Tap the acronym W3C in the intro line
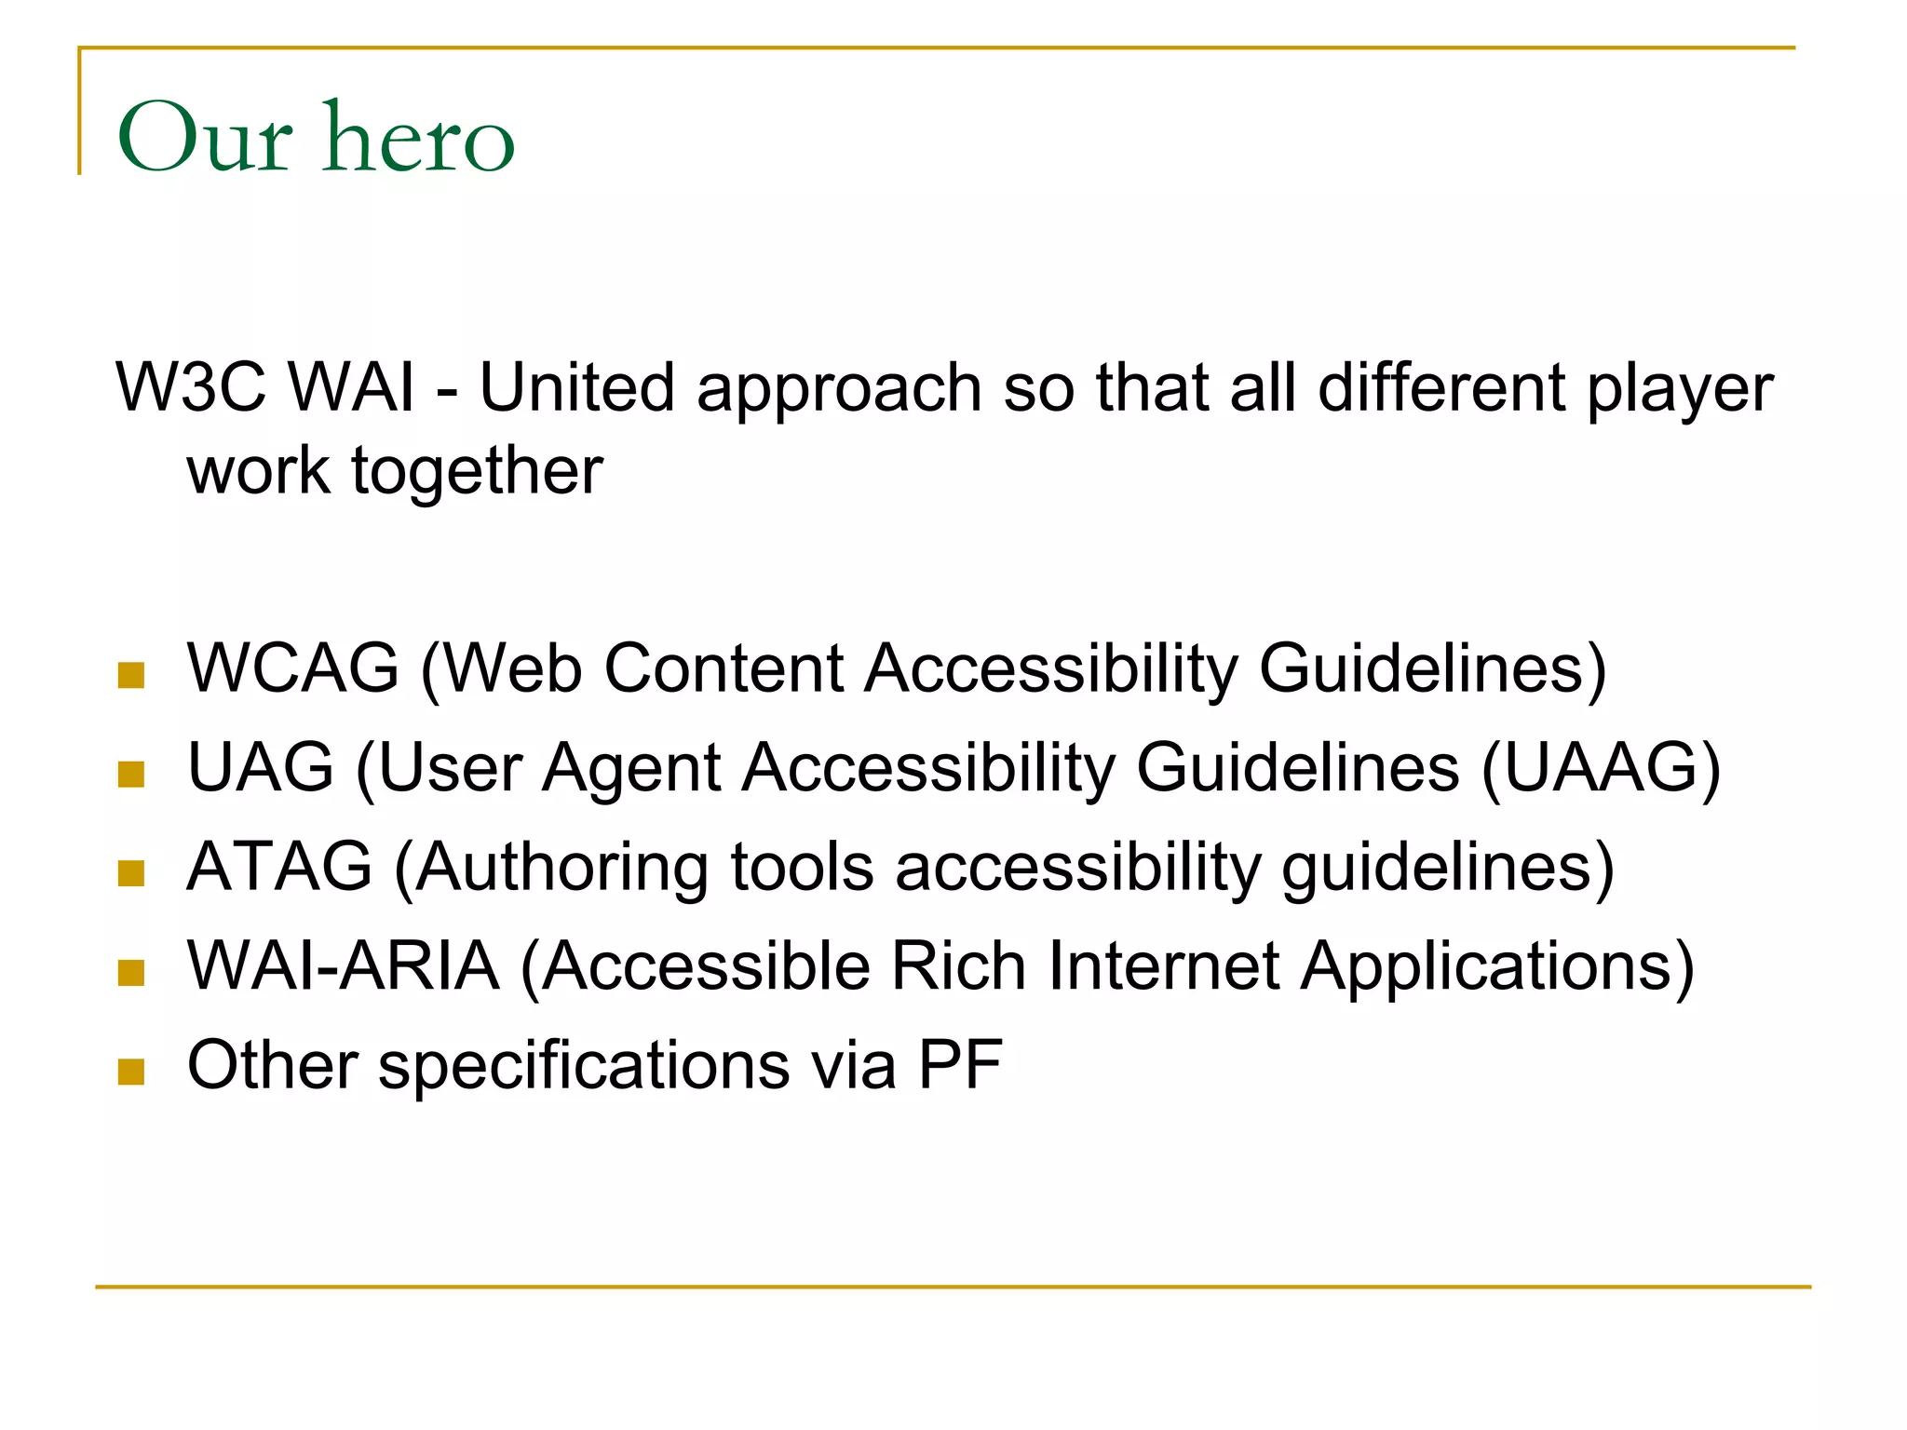click(191, 387)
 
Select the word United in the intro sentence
click(575, 387)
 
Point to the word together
click(477, 471)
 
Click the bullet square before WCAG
click(131, 675)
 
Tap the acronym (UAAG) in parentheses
click(1600, 768)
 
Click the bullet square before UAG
click(131, 775)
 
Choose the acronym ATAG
click(279, 867)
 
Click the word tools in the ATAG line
click(802, 867)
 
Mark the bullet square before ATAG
click(131, 873)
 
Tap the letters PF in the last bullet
click(960, 1065)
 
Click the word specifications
click(584, 1067)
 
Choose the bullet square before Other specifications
click(131, 1072)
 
